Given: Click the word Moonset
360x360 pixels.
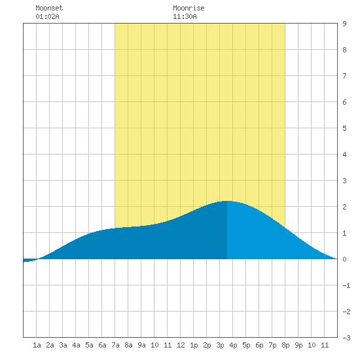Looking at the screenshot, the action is pyautogui.click(x=49, y=8).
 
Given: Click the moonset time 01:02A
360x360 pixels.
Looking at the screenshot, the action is pyautogui.click(x=47, y=16).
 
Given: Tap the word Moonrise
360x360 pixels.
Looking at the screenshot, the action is pyautogui.click(x=189, y=8).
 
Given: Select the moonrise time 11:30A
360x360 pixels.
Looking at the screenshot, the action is pyautogui.click(x=185, y=16).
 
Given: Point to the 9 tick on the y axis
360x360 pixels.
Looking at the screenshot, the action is pyautogui.click(x=344, y=24).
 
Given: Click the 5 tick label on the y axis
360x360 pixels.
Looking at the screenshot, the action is pyautogui.click(x=344, y=128).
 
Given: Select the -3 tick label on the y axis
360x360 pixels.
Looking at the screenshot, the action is pyautogui.click(x=346, y=338).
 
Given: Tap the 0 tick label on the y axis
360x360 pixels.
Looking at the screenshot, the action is pyautogui.click(x=344, y=259).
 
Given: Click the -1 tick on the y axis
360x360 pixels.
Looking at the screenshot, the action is pyautogui.click(x=346, y=285).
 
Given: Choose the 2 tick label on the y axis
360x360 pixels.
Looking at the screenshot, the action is pyautogui.click(x=344, y=207).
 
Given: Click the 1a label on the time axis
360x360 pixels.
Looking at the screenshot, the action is pyautogui.click(x=37, y=345).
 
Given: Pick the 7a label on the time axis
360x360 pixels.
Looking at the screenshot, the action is pyautogui.click(x=115, y=345).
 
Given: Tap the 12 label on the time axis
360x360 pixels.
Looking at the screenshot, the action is pyautogui.click(x=181, y=345).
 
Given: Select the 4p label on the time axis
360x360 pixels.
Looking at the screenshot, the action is pyautogui.click(x=233, y=345).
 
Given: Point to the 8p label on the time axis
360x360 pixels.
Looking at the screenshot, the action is pyautogui.click(x=285, y=345).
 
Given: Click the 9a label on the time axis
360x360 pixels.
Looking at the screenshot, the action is pyautogui.click(x=141, y=345).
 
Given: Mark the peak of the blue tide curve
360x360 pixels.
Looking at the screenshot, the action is pyautogui.click(x=227, y=201).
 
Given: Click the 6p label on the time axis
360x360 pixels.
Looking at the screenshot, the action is pyautogui.click(x=259, y=345).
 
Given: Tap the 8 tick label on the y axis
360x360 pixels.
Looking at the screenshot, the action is pyautogui.click(x=344, y=50).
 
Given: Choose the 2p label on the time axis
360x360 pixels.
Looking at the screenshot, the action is pyautogui.click(x=207, y=345).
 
